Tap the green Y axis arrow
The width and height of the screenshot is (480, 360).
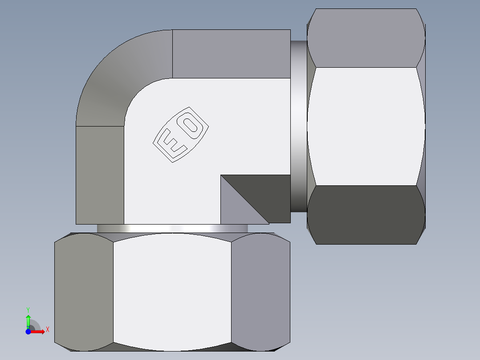(x=28, y=320)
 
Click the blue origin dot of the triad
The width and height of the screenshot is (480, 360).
(x=28, y=331)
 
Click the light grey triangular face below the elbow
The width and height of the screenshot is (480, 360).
(x=236, y=209)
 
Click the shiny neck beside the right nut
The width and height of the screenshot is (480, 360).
(x=298, y=125)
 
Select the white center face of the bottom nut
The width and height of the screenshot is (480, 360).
(x=172, y=292)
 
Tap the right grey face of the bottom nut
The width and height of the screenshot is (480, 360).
(x=260, y=292)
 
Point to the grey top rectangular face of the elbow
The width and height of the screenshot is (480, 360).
(x=232, y=53)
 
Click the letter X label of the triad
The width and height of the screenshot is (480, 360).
(x=47, y=329)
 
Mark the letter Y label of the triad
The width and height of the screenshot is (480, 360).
(x=28, y=309)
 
